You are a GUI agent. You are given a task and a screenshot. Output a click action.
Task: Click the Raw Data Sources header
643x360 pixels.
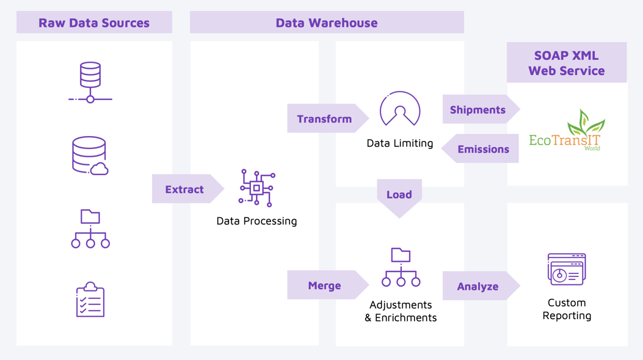tap(94, 23)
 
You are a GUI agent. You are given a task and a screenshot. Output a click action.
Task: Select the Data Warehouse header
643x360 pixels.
tap(327, 23)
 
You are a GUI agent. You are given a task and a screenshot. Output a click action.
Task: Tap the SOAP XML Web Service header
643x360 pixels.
tap(567, 62)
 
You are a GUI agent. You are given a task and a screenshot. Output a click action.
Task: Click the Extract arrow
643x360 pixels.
tap(185, 189)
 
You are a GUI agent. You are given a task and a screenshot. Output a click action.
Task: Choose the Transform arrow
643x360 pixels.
tap(325, 118)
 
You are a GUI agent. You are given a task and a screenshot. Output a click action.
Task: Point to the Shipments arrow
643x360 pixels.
tap(478, 110)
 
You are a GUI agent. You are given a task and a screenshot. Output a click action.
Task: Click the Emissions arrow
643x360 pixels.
tap(482, 149)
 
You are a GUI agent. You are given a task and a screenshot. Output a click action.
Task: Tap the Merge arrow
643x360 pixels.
tap(325, 285)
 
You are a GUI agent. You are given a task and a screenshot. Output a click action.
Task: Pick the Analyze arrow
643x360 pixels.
tap(478, 286)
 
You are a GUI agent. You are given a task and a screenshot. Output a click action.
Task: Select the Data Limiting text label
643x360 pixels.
tap(400, 143)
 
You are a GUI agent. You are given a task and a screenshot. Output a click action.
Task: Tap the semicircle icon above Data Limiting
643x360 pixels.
tap(400, 109)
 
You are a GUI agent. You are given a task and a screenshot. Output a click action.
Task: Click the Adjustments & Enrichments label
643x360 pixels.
tap(401, 311)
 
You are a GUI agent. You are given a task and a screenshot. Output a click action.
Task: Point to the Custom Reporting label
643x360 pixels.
tap(567, 309)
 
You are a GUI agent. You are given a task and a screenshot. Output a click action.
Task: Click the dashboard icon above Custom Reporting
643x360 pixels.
tap(567, 269)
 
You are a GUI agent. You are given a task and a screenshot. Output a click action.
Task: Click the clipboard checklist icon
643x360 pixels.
tap(90, 300)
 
